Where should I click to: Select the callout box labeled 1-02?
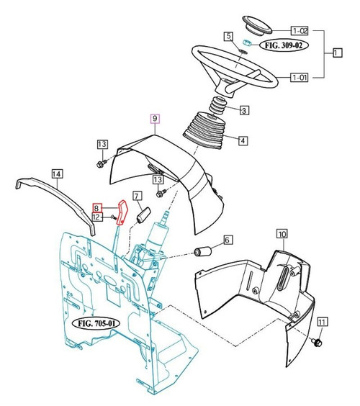300,30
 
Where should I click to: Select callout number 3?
244,110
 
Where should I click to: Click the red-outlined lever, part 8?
122,214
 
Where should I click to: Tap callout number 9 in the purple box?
154,118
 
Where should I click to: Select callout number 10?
281,234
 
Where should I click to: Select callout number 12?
95,217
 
